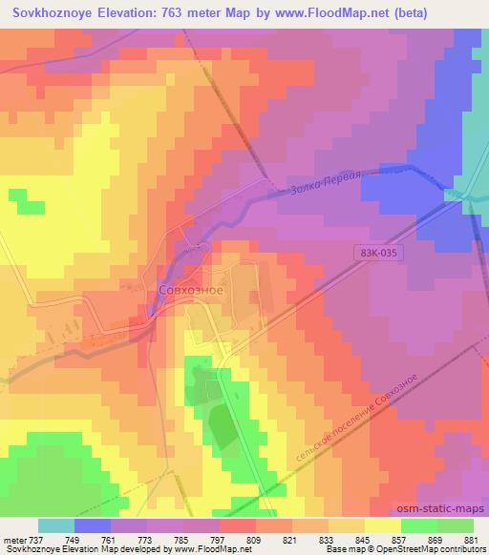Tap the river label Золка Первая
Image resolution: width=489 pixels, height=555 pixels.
tap(326, 185)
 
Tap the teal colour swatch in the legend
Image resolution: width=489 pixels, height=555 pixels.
tap(56, 525)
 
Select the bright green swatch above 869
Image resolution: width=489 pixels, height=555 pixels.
tap(418, 525)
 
